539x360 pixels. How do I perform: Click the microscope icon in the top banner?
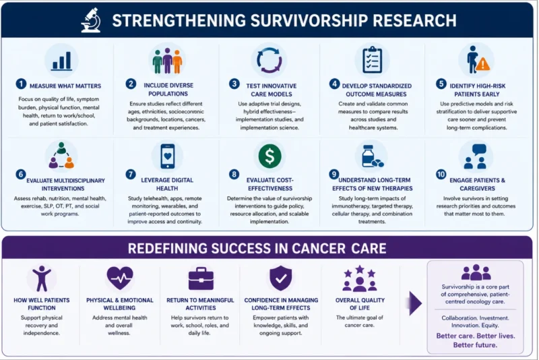coord(91,20)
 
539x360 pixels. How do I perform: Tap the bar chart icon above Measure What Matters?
coord(62,61)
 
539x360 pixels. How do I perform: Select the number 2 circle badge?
coord(131,84)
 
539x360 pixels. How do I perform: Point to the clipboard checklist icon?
coord(373,59)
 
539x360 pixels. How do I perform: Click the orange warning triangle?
coord(483,64)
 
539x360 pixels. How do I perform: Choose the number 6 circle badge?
coord(21,175)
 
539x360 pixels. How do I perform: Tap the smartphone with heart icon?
coord(167,156)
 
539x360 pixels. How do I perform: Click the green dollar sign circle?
coord(270,156)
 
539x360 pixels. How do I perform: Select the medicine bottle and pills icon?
coord(373,156)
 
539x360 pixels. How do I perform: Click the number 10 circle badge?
coord(441,175)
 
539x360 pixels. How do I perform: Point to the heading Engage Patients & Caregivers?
coord(478,184)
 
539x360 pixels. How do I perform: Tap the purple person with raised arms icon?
coord(42,278)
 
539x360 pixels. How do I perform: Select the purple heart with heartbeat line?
coord(120,278)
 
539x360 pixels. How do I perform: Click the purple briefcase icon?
coord(201,278)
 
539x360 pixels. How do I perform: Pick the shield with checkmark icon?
coord(280,278)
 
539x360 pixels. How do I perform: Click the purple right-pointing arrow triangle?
coord(416,303)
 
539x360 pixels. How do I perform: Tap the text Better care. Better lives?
coord(476,336)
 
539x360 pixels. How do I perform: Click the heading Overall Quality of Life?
coord(360,304)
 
